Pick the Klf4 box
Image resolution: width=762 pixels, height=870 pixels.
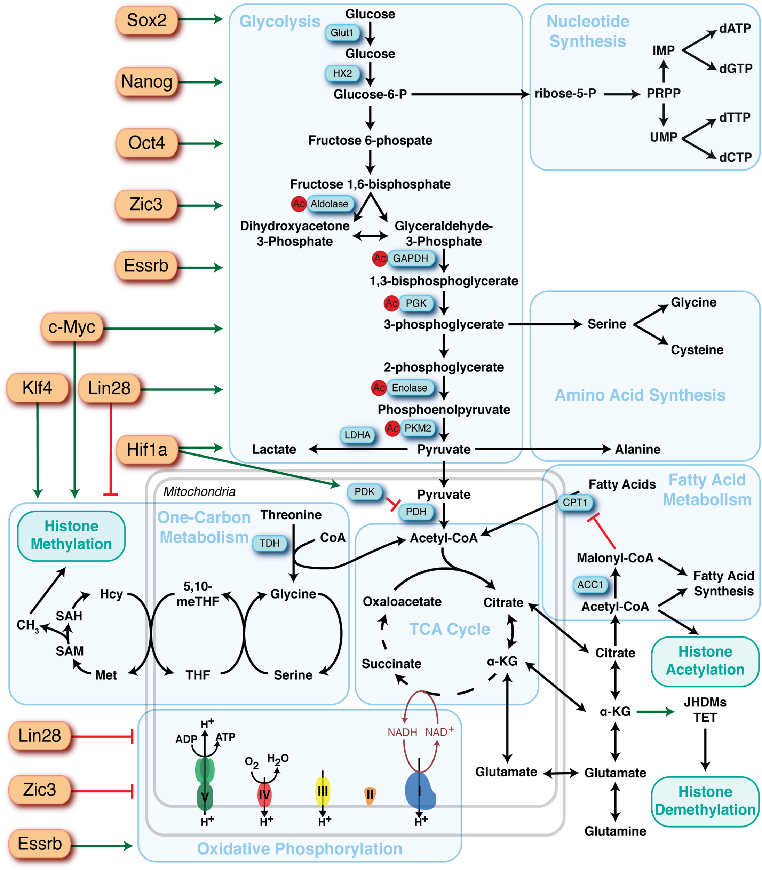pos(38,388)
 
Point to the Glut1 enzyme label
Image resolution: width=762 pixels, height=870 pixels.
pos(342,33)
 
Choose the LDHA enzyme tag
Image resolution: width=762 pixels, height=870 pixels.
pos(357,435)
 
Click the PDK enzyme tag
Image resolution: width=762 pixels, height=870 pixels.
pos(364,492)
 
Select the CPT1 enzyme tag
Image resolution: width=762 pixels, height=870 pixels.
pos(575,502)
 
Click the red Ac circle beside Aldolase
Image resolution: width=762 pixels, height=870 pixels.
pos(299,204)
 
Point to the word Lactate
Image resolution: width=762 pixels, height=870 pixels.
pos(274,450)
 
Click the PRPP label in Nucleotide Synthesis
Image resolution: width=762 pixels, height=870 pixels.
pos(663,93)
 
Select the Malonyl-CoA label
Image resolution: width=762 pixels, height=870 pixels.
pos(615,558)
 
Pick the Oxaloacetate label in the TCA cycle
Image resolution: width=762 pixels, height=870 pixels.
pos(402,602)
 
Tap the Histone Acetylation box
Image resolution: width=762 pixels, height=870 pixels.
pos(705,661)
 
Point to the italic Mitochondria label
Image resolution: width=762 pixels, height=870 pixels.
pos(199,492)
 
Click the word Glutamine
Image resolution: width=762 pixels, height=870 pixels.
pos(615,831)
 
